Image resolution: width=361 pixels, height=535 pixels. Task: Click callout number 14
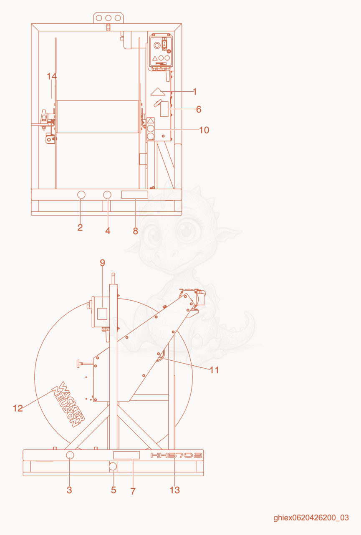click(52, 76)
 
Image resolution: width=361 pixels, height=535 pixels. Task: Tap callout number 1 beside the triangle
click(195, 91)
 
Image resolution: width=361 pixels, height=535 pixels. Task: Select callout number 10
click(204, 130)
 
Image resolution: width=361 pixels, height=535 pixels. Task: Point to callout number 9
click(102, 263)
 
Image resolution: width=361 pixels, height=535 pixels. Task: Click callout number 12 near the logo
click(18, 408)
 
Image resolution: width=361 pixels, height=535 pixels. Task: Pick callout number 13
click(174, 490)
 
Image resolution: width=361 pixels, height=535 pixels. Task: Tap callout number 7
click(133, 491)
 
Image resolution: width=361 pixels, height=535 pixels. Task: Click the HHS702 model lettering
click(176, 455)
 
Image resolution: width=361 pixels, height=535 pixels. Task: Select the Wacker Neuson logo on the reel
click(68, 404)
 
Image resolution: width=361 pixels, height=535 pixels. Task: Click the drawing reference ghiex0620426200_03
click(311, 518)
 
